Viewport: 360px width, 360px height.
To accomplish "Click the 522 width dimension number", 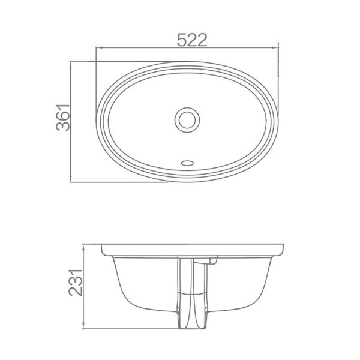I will pyautogui.click(x=192, y=40).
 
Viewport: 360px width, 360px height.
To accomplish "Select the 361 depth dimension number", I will pyautogui.click(x=64, y=121).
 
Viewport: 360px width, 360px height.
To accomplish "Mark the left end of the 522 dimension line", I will pyautogui.click(x=96, y=47).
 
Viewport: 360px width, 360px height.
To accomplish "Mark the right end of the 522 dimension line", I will pyautogui.click(x=280, y=47).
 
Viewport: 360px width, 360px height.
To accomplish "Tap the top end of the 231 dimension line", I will pyautogui.click(x=82, y=245).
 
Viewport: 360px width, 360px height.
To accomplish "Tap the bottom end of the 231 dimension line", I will pyautogui.click(x=82, y=329).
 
